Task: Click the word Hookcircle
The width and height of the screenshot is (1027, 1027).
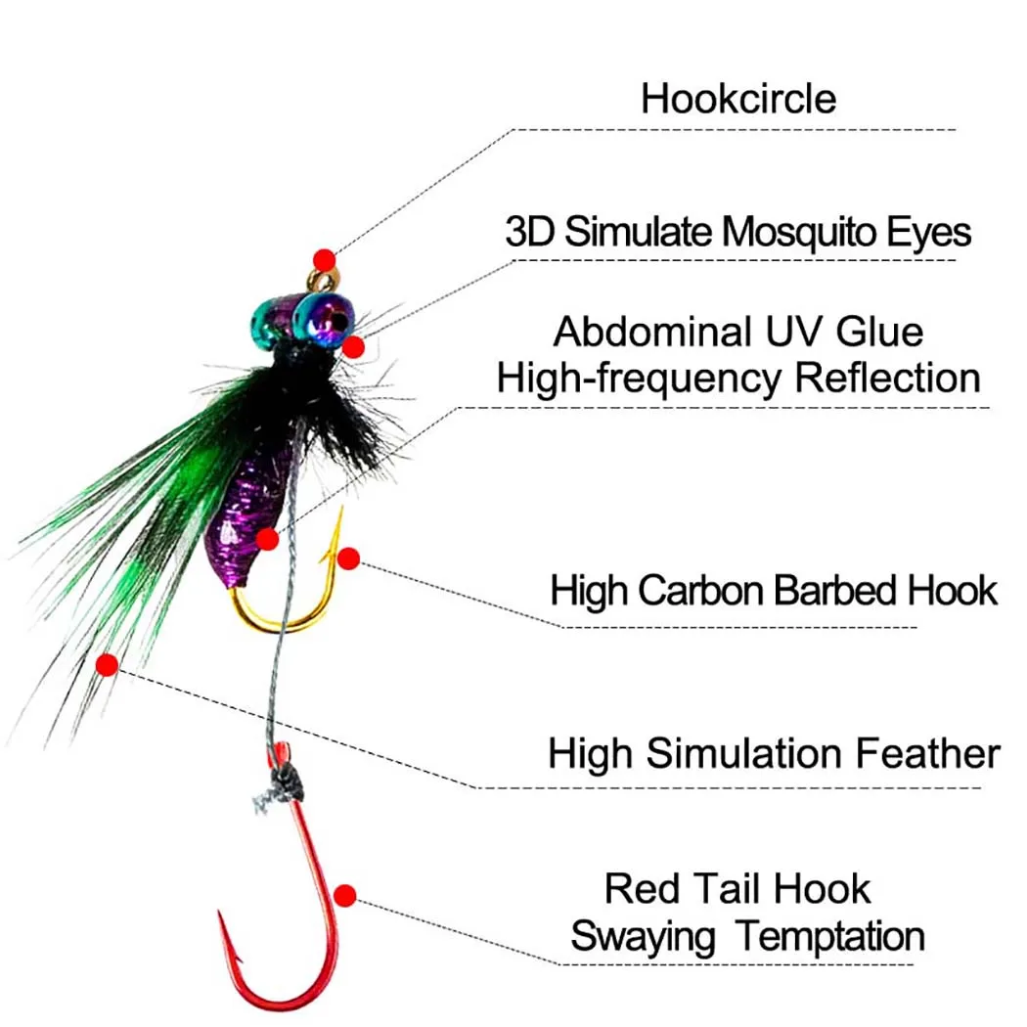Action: point(738,99)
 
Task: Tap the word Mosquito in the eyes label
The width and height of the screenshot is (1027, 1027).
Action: point(799,232)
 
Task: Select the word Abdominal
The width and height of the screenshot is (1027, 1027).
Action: point(652,332)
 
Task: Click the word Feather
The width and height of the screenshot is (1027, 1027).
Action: point(928,753)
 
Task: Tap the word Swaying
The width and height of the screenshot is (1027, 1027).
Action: point(643,937)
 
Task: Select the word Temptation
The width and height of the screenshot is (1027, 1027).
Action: point(830,937)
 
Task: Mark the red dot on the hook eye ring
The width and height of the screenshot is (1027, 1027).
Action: point(324,260)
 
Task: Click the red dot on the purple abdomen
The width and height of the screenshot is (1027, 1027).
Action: point(267,539)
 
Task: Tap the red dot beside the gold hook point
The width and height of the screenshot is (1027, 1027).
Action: point(348,558)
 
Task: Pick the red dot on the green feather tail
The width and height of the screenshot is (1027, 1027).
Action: point(107,665)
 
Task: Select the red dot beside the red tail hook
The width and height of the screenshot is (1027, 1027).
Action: point(345,895)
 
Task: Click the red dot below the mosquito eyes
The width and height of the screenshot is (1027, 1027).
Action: point(354,346)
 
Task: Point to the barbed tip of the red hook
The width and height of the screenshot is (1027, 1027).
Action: point(221,914)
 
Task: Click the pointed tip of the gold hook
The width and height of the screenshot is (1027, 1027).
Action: point(341,509)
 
